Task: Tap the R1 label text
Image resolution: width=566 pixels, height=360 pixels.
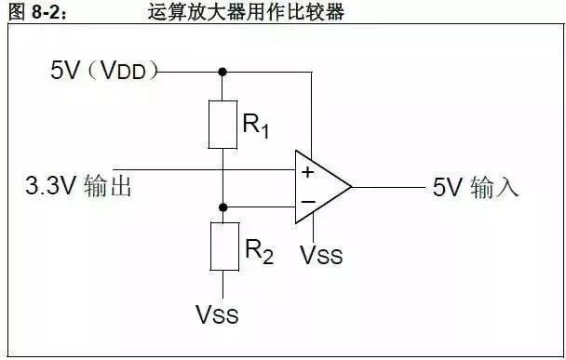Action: [256, 126]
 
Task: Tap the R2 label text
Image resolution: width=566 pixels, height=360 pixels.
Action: [259, 251]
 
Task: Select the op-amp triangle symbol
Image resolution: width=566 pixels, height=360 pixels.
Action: [296, 187]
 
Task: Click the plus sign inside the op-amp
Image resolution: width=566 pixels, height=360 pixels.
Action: [307, 172]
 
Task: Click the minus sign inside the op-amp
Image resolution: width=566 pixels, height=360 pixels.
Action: [308, 202]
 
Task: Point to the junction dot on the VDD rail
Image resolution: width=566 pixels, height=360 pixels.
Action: [222, 72]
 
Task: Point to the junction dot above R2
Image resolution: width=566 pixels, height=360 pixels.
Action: [223, 207]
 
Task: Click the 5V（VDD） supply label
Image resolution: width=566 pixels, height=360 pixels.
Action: [104, 70]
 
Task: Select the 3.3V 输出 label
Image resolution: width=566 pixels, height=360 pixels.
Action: [78, 186]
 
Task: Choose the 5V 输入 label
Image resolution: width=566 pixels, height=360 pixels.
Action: [476, 187]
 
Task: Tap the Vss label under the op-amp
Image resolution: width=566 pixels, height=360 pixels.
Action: [321, 256]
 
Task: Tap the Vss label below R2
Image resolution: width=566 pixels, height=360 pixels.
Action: [217, 314]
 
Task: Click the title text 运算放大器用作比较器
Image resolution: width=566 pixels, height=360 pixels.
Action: [246, 12]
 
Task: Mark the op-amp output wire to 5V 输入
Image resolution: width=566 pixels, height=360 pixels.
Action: [389, 187]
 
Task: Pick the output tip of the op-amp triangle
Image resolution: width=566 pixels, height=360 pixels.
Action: [352, 187]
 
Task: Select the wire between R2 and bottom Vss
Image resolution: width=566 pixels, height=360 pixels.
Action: [223, 285]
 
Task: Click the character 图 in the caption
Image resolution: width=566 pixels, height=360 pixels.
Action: [17, 12]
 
